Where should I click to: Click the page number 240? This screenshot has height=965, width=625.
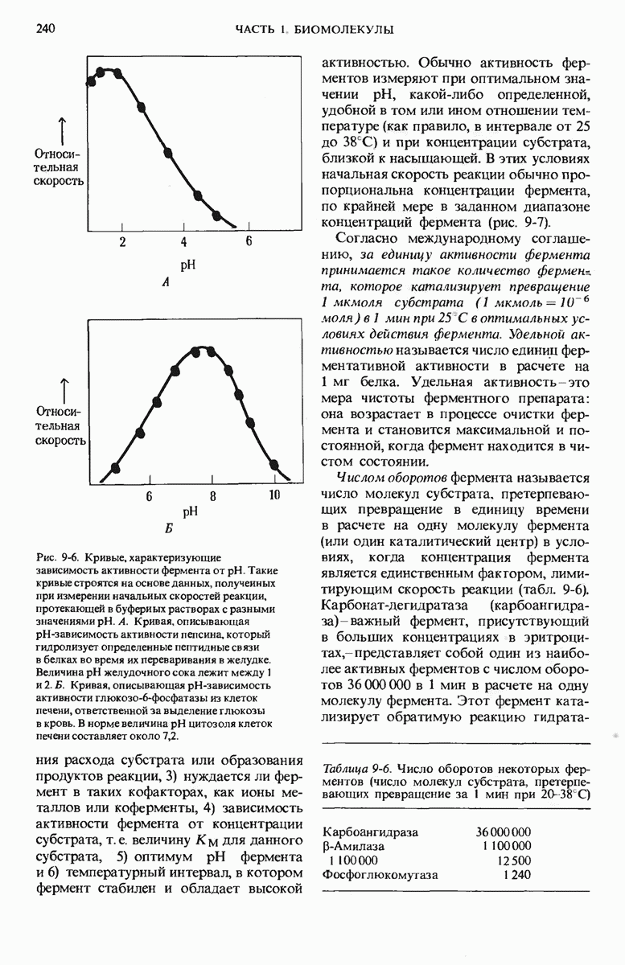[45, 30]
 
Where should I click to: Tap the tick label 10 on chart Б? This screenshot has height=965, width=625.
[273, 496]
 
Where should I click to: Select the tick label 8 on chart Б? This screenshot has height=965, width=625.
[213, 496]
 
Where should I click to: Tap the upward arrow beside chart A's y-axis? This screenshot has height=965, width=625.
[60, 128]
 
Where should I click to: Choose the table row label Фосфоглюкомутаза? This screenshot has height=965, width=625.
[380, 875]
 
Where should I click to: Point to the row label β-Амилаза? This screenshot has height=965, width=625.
[353, 846]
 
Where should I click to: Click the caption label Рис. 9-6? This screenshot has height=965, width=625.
[60, 557]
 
